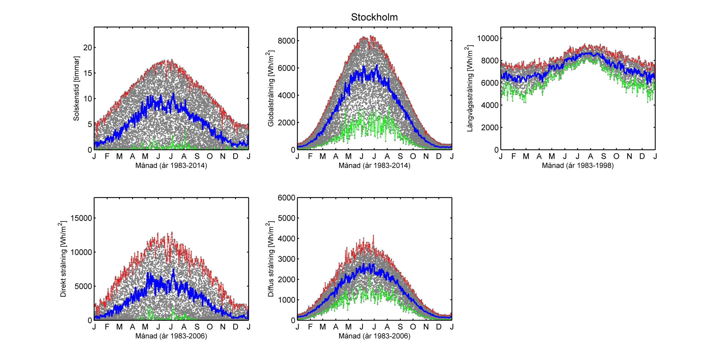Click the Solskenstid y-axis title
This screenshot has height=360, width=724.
click(76, 89)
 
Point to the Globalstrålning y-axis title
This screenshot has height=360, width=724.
click(270, 89)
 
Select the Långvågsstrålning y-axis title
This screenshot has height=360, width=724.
click(469, 89)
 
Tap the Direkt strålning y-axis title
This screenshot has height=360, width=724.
click(63, 259)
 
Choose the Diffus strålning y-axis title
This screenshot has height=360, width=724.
click(270, 259)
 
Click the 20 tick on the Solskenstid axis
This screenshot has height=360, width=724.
click(88, 48)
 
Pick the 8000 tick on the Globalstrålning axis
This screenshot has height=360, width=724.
click(287, 41)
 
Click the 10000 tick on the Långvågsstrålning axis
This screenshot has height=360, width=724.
click(488, 38)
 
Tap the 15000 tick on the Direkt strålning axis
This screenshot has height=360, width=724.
click(81, 218)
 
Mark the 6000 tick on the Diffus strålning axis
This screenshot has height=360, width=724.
click(287, 198)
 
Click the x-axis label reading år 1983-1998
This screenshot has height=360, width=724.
click(578, 165)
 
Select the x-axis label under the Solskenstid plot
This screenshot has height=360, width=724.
click(171, 165)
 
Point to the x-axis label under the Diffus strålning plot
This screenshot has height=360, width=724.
click(374, 336)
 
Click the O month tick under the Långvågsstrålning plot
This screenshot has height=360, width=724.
click(616, 156)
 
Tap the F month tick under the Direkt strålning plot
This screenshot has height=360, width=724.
click(107, 327)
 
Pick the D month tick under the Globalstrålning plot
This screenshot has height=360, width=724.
click(439, 156)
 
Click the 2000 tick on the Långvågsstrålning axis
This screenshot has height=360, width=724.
click(490, 127)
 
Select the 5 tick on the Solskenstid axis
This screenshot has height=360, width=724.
click(90, 124)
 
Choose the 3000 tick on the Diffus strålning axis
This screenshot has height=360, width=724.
click(287, 259)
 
